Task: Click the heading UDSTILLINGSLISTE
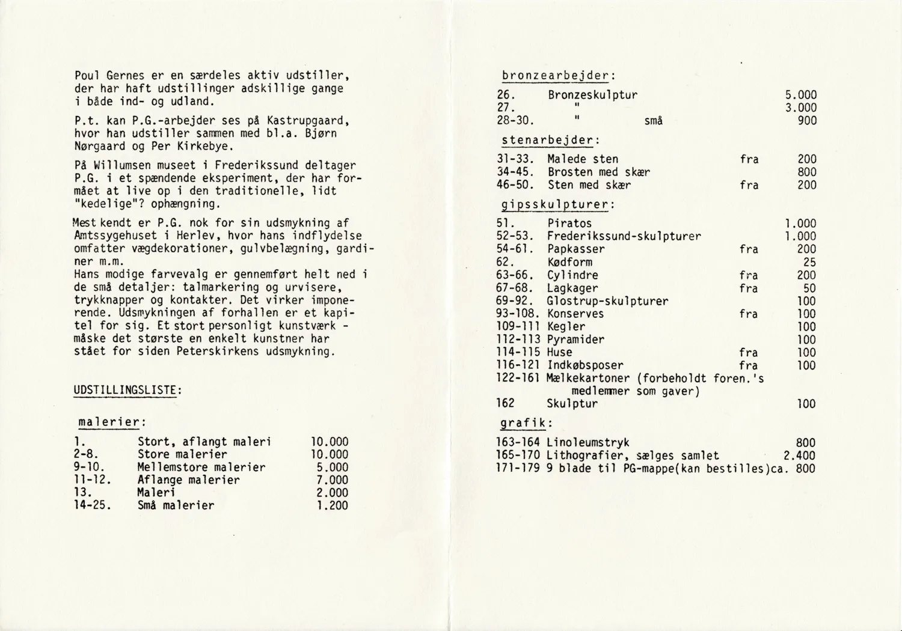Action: pos(127,390)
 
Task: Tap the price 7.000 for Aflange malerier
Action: pos(333,480)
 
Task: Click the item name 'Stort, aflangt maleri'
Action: pos(204,442)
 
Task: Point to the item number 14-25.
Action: pos(93,505)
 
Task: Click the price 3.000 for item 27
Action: pos(801,108)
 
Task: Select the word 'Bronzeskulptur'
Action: pos(592,95)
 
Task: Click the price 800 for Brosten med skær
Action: pos(807,172)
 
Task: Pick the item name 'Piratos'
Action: pos(569,224)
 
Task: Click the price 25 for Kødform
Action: pos(809,262)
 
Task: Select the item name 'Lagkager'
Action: pos(572,288)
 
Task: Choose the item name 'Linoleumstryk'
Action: pos(588,443)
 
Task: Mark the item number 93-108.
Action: pos(520,314)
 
